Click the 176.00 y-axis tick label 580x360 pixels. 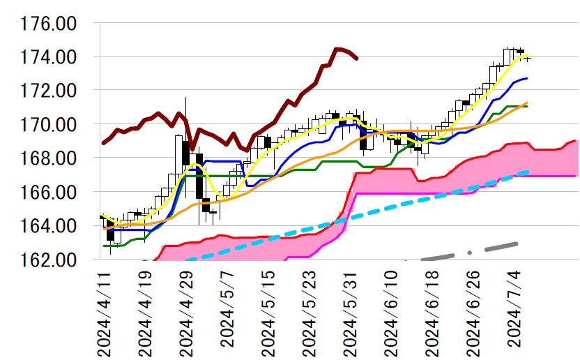pos(49,23)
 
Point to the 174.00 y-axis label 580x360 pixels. pos(49,57)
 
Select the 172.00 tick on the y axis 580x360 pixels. pos(49,91)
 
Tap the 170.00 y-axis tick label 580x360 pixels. pos(49,124)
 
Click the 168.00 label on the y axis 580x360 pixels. pos(49,158)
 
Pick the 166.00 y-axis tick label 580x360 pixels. pos(49,192)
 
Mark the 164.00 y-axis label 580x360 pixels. pos(49,226)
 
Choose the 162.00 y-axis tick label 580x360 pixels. pos(49,260)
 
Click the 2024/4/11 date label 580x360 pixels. pos(105,314)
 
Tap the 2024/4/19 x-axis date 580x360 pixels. pos(146,314)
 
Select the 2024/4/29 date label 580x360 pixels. pos(187,314)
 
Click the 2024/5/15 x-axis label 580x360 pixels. pos(268,314)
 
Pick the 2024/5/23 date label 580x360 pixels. pos(310,314)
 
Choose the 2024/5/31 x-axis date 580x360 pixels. pos(351,314)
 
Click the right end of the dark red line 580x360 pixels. pos(357,59)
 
